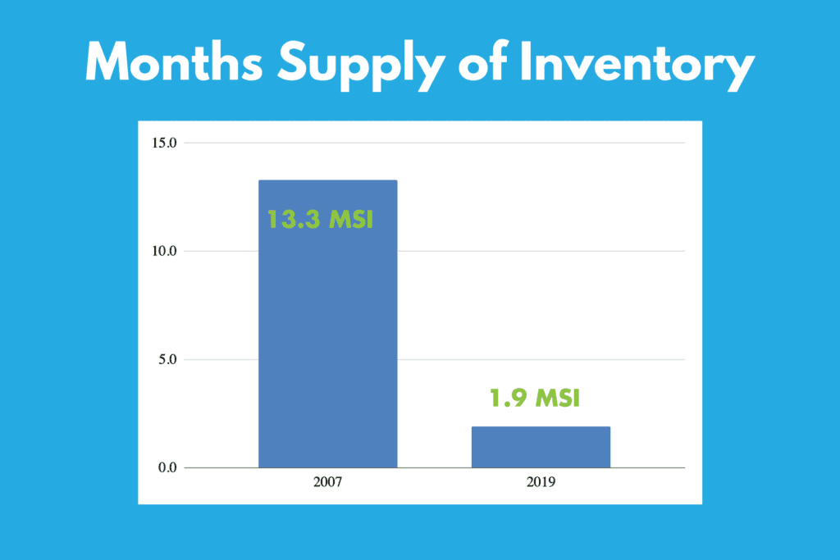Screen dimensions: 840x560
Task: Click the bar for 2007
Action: click(328, 324)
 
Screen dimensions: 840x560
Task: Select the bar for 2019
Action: click(541, 447)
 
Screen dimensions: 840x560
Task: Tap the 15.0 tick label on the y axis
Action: click(164, 143)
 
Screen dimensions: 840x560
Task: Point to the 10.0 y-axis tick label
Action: click(164, 251)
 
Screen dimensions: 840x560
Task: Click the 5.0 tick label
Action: click(167, 359)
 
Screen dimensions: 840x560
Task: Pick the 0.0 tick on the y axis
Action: click(167, 467)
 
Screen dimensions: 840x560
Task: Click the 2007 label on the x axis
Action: click(328, 482)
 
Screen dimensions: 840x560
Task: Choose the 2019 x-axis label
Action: click(541, 482)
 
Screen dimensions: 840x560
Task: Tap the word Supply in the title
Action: click(361, 66)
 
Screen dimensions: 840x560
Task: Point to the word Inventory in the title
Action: click(637, 66)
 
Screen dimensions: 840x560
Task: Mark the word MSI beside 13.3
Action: click(351, 220)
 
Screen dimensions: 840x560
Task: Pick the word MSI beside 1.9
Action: click(558, 398)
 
